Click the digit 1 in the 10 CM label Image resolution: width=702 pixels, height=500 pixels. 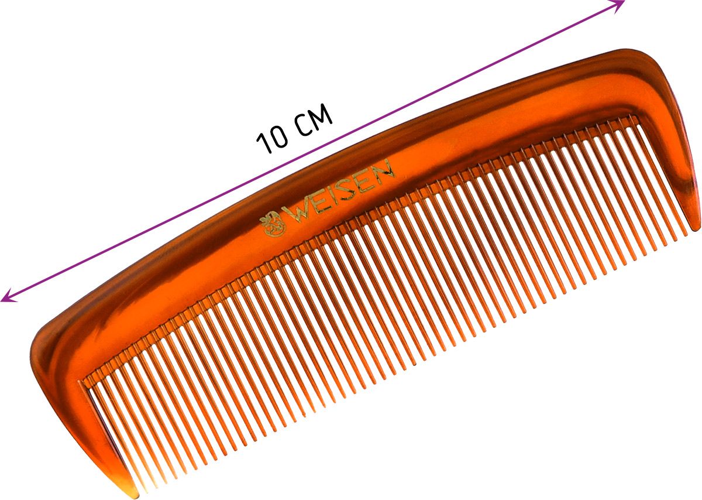263,143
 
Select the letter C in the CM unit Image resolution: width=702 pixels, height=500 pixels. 304,125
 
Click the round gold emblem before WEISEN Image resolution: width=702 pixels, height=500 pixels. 274,224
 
